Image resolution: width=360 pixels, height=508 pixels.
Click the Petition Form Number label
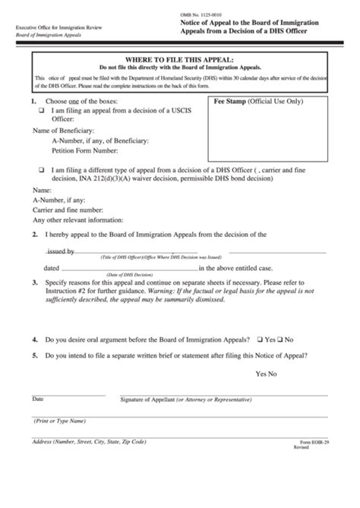pos(84,151)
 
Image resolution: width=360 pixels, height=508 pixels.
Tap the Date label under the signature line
pos(37,399)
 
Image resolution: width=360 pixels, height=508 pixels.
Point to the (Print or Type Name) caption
pos(59,421)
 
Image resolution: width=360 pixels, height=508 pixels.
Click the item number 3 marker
pos(34,282)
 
